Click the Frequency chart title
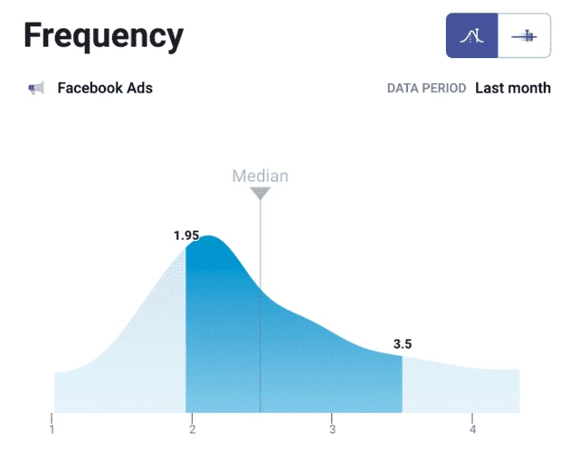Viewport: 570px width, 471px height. coord(103,36)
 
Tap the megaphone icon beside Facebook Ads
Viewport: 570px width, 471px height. coord(36,88)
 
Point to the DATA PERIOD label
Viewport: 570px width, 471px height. coord(426,89)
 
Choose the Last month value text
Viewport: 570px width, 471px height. coord(512,88)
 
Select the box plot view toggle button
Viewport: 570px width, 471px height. coord(525,36)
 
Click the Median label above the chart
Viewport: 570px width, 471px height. coord(261,176)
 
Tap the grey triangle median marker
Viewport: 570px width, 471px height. coord(261,193)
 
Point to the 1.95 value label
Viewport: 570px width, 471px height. coord(186,235)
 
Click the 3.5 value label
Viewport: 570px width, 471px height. coord(402,344)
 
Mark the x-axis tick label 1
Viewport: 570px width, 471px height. coord(52,429)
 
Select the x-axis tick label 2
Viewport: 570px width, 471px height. coord(193,429)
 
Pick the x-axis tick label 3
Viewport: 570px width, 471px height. coord(332,429)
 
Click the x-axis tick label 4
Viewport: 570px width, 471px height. coord(472,429)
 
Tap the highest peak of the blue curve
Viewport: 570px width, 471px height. coord(208,237)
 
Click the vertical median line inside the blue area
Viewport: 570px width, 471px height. coord(261,353)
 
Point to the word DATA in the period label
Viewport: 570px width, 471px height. coord(404,89)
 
